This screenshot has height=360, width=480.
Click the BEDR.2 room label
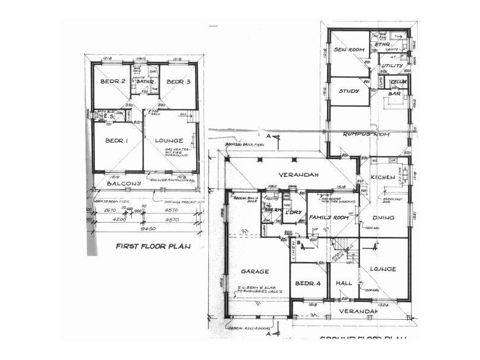[x=112, y=82]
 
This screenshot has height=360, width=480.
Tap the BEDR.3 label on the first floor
[x=178, y=82]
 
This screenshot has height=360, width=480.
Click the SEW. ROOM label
[x=346, y=50]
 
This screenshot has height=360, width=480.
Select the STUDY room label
[x=349, y=91]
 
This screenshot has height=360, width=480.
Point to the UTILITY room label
[x=393, y=65]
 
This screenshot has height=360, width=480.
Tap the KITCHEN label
[x=382, y=177]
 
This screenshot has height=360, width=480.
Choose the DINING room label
[x=383, y=219]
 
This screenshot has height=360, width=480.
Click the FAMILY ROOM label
[x=329, y=216]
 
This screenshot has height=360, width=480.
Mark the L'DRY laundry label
[x=293, y=213]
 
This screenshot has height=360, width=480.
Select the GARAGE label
[x=255, y=272]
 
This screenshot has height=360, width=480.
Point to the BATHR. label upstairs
[x=146, y=82]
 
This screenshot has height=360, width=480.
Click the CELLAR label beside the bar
[x=399, y=82]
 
